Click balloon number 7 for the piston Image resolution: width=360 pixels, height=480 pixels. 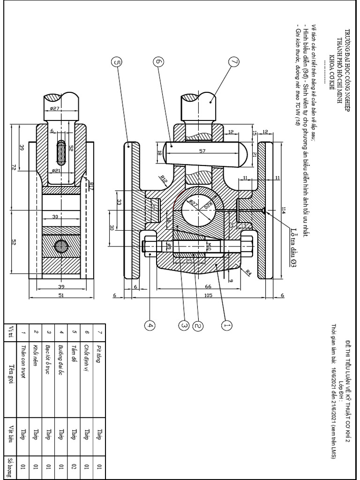pyautogui.click(x=234, y=62)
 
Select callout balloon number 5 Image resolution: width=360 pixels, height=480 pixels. pyautogui.click(x=117, y=62)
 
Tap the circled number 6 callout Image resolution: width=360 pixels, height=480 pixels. pyautogui.click(x=158, y=62)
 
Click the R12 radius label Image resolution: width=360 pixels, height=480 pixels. pyautogui.click(x=164, y=179)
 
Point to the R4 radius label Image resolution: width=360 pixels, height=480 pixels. pyautogui.click(x=248, y=271)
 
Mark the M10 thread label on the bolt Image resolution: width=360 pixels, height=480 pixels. pyautogui.click(x=210, y=246)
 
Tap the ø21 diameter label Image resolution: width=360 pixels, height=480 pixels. pyautogui.click(x=57, y=171)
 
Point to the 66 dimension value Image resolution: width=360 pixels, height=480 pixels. pyautogui.click(x=209, y=286)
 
